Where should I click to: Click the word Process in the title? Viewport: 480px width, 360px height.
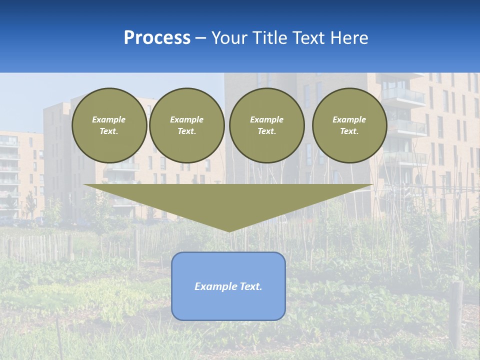click(157, 38)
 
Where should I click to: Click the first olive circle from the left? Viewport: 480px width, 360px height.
click(109, 125)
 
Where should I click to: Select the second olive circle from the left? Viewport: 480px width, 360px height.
click(187, 125)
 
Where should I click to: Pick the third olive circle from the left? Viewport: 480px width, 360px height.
click(267, 125)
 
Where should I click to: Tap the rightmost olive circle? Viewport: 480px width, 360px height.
click(349, 125)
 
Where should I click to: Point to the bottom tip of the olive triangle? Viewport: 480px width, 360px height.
click(229, 231)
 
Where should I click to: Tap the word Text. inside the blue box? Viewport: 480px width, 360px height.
click(250, 286)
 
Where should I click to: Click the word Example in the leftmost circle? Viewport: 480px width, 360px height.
click(109, 119)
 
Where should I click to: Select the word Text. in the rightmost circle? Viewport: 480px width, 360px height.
click(349, 131)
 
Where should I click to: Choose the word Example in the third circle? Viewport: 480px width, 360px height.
click(267, 119)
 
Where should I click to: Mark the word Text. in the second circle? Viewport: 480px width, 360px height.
click(187, 131)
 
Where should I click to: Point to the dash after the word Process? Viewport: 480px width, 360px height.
click(201, 38)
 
